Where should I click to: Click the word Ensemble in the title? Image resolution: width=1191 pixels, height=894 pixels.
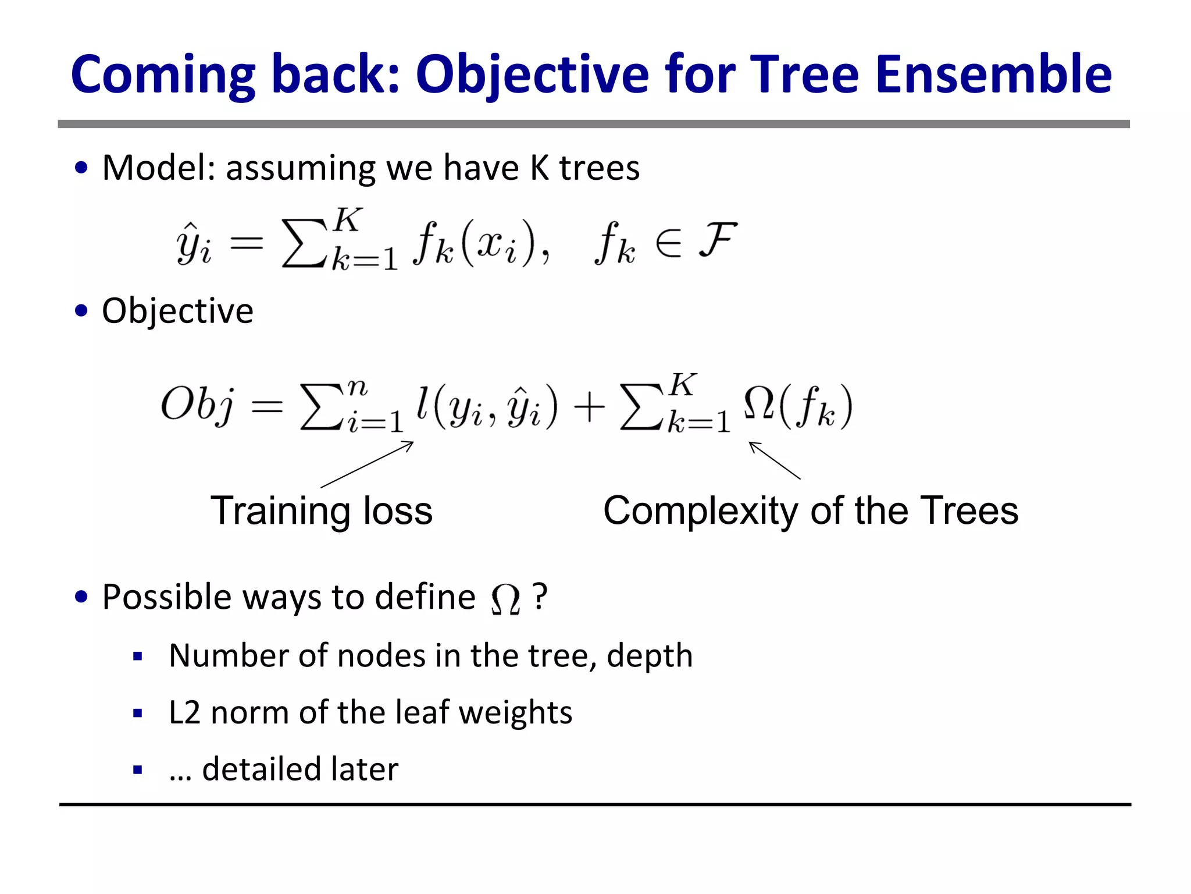(993, 74)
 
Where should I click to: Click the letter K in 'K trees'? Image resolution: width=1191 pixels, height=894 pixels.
(539, 168)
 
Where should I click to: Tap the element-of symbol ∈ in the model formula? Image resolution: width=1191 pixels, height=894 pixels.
(668, 243)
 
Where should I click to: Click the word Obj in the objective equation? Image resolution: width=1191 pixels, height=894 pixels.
(198, 405)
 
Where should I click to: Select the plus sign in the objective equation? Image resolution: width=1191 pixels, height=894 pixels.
(589, 406)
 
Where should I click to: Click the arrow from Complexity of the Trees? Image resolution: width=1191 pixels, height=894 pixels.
(774, 460)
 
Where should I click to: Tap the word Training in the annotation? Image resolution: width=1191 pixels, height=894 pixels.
(279, 511)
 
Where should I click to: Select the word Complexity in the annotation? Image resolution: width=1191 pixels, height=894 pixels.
(703, 511)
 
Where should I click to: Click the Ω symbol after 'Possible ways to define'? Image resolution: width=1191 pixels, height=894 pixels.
(505, 599)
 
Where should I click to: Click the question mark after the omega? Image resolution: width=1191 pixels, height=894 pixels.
(540, 597)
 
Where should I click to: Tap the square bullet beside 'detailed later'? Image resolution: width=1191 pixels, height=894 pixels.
(138, 770)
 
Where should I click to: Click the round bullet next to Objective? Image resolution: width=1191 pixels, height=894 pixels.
(81, 311)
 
